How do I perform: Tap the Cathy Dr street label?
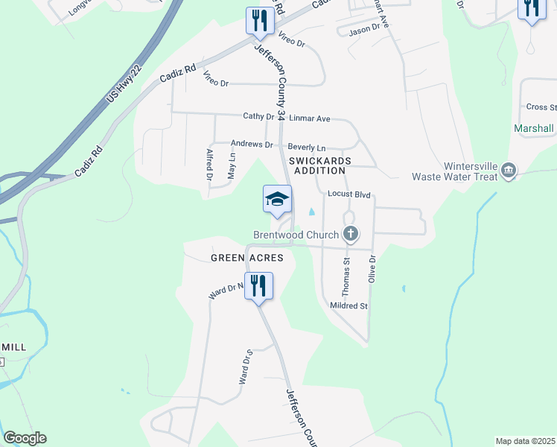(259, 116)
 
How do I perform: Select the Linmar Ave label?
(309, 118)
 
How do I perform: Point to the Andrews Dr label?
(252, 144)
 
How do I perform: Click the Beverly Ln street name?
(307, 148)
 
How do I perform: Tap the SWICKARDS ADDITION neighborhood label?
(321, 165)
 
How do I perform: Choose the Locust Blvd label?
(348, 194)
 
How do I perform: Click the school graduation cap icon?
(277, 199)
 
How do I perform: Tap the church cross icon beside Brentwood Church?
(351, 235)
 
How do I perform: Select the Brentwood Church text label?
(296, 235)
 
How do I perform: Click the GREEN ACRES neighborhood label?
(246, 258)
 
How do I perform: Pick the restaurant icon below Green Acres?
(258, 285)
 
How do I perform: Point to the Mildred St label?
(348, 305)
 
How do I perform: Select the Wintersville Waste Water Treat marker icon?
(509, 171)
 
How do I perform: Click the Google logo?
(24, 438)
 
